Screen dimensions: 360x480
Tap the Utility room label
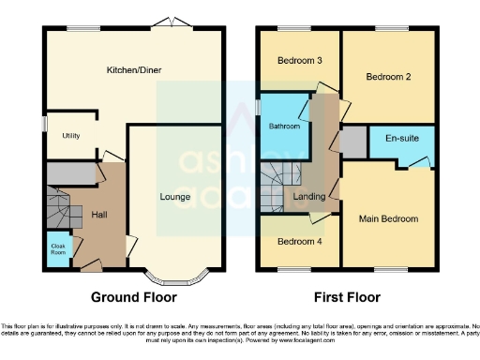coord(70,136)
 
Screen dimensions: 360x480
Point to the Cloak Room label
coord(57,249)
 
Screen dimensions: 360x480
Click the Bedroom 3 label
coord(300,61)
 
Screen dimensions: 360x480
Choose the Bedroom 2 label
coord(388,76)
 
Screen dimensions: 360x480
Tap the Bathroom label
coord(284,125)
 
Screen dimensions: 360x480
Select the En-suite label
coord(402,138)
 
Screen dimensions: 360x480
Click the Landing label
coord(309,197)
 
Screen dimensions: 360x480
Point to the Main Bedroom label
coord(388,218)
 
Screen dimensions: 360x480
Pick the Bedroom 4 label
coord(300,240)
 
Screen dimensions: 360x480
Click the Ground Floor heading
coord(132,297)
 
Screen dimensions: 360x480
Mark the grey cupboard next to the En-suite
coord(353,142)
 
